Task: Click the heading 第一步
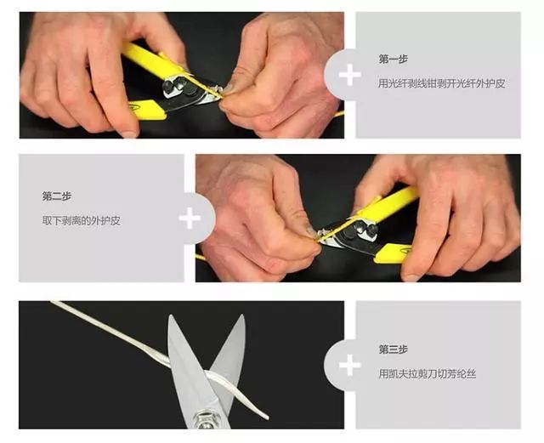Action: click(393, 59)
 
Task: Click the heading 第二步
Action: click(57, 196)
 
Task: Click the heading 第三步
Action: click(393, 349)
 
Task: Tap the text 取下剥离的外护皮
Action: click(82, 220)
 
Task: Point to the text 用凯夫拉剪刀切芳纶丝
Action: click(433, 373)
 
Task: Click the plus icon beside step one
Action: click(348, 74)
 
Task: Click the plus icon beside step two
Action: click(190, 218)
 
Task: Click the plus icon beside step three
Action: click(348, 365)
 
